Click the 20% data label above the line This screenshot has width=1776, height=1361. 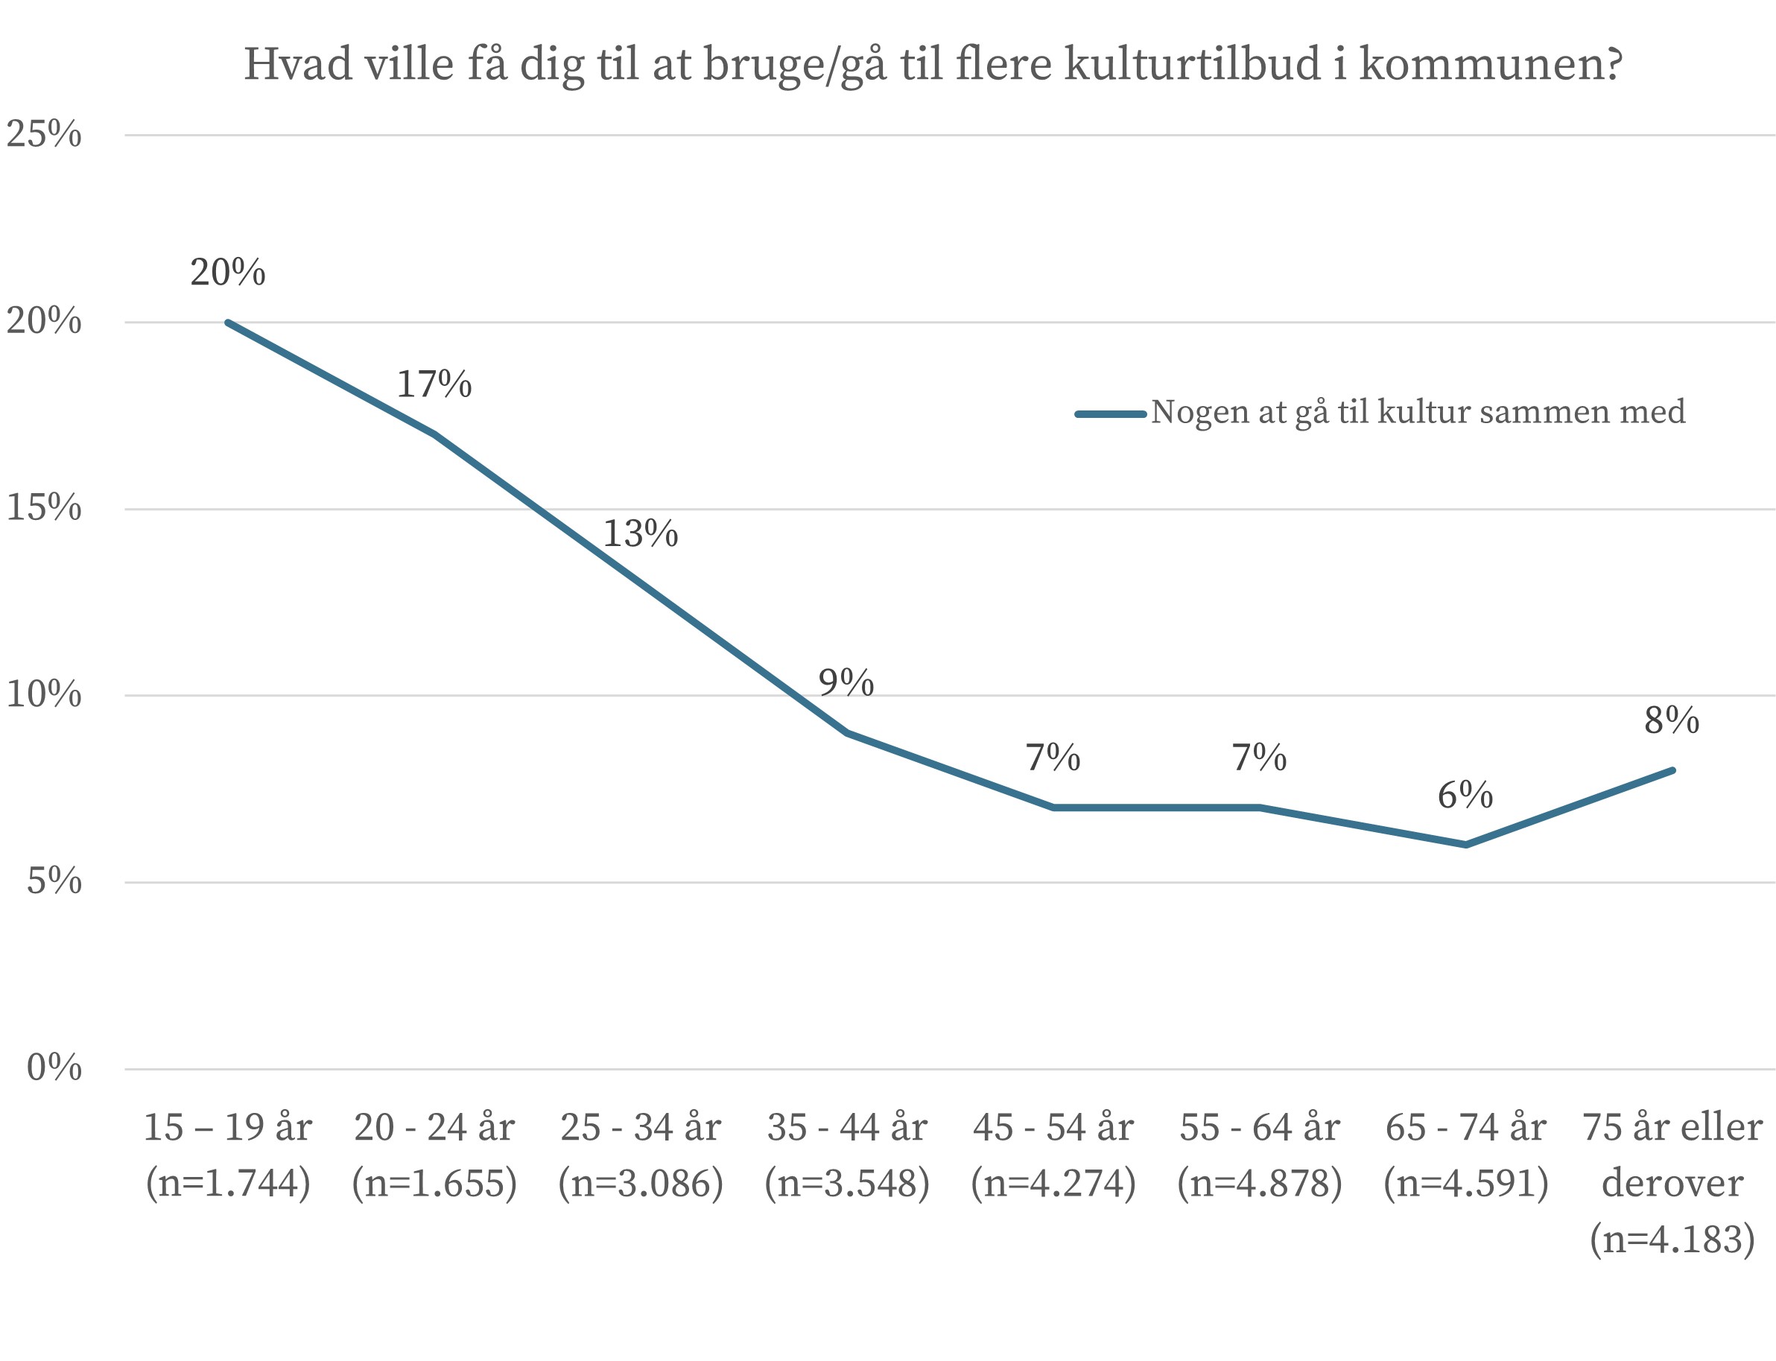pos(228,273)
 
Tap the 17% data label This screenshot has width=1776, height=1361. pos(434,385)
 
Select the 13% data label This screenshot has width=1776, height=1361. pos(640,534)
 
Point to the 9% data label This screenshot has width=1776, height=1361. pos(846,683)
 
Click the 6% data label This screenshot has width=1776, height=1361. pos(1465,796)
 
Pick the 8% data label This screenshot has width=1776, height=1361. pos(1672,720)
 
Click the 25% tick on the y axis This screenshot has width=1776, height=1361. pos(44,135)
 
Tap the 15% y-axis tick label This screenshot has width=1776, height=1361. pos(44,508)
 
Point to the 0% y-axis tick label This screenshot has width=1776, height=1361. pos(54,1067)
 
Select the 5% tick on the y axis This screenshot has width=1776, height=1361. pos(54,881)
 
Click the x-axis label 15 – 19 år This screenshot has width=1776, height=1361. pos(228,1128)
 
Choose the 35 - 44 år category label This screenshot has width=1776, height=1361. pos(847,1128)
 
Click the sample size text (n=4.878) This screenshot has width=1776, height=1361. pos(1259,1184)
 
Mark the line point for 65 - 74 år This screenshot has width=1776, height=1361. pos(1465,845)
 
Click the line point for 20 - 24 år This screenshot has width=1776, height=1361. pos(434,434)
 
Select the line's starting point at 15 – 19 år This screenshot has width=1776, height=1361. pos(229,323)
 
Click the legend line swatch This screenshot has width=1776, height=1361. pos(1110,414)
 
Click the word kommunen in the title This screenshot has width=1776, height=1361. pos(1491,65)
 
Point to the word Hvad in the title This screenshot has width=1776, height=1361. pos(298,65)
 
